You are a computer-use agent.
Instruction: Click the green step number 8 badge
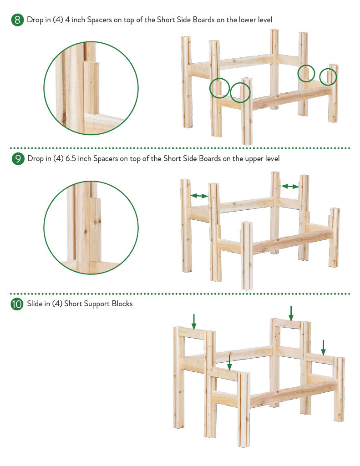coord(18,20)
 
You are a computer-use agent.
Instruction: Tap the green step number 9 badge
coord(18,159)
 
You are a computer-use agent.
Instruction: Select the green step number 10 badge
coord(17,304)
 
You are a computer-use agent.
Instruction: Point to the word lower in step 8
coord(247,20)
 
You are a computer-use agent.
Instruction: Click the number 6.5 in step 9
coord(71,158)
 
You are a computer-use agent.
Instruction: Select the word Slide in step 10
coord(35,304)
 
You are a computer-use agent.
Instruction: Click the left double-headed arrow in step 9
coord(199,196)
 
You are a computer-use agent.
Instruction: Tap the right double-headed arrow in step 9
coord(290,186)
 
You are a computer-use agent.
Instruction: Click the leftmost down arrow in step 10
coord(194,322)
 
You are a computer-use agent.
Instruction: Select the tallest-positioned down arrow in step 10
coord(291,314)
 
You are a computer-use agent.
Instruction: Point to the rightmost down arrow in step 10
coord(324,348)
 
